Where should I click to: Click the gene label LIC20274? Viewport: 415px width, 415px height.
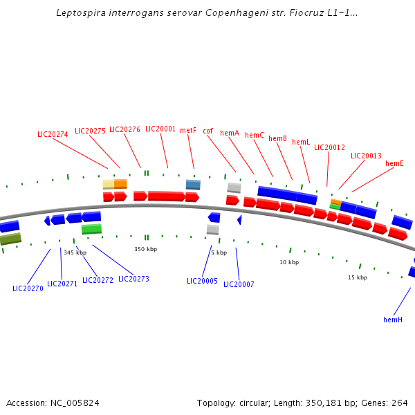pos(53,134)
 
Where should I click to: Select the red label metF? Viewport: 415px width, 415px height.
pos(188,130)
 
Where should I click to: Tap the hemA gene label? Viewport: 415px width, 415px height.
pos(230,133)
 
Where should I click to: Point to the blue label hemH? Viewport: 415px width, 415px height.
pos(393,320)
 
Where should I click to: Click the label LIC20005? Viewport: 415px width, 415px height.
pos(202,281)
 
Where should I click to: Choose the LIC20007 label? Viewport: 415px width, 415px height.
pos(239,284)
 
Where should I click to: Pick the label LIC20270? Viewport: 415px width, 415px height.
pos(28,288)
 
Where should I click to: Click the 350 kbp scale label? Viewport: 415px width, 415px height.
pos(145,249)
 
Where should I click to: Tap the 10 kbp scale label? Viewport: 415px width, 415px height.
pos(289,262)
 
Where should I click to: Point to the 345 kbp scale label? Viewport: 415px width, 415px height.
pos(75,252)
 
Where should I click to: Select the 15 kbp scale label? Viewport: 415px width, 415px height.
pos(357,277)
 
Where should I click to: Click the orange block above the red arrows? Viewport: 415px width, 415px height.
pos(120,183)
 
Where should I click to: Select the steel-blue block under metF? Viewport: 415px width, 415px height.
pos(193,184)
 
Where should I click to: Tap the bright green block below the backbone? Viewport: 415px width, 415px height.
pos(91,229)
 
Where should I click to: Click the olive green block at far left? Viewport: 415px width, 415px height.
pos(10,239)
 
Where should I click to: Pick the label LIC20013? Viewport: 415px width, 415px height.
pos(366,156)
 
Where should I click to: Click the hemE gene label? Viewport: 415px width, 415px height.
pos(394,163)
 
